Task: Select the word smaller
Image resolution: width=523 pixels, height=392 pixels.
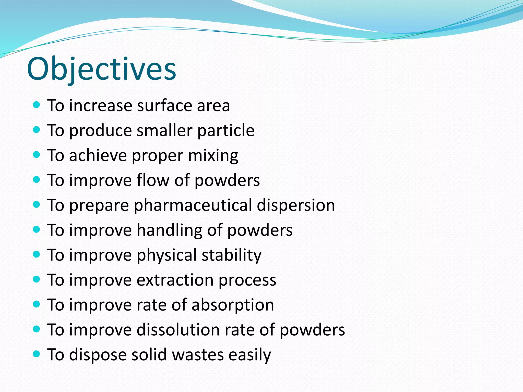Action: click(164, 130)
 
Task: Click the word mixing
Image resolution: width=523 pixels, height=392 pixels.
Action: click(213, 155)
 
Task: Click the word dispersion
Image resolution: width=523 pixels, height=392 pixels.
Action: click(296, 205)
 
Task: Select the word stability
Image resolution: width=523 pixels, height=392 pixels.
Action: click(232, 255)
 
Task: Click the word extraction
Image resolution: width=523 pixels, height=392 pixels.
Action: click(175, 280)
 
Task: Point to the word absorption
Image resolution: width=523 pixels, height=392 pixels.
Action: click(233, 305)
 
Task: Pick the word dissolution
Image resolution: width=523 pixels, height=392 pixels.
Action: click(178, 330)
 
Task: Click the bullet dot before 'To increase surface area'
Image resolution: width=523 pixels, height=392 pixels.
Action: click(37, 105)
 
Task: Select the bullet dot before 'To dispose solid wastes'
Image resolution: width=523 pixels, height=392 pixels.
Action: click(37, 354)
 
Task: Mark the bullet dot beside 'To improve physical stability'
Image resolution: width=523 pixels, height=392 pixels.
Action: click(37, 254)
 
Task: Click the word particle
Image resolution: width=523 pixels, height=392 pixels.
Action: click(226, 130)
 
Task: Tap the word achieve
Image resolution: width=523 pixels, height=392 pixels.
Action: click(98, 155)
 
